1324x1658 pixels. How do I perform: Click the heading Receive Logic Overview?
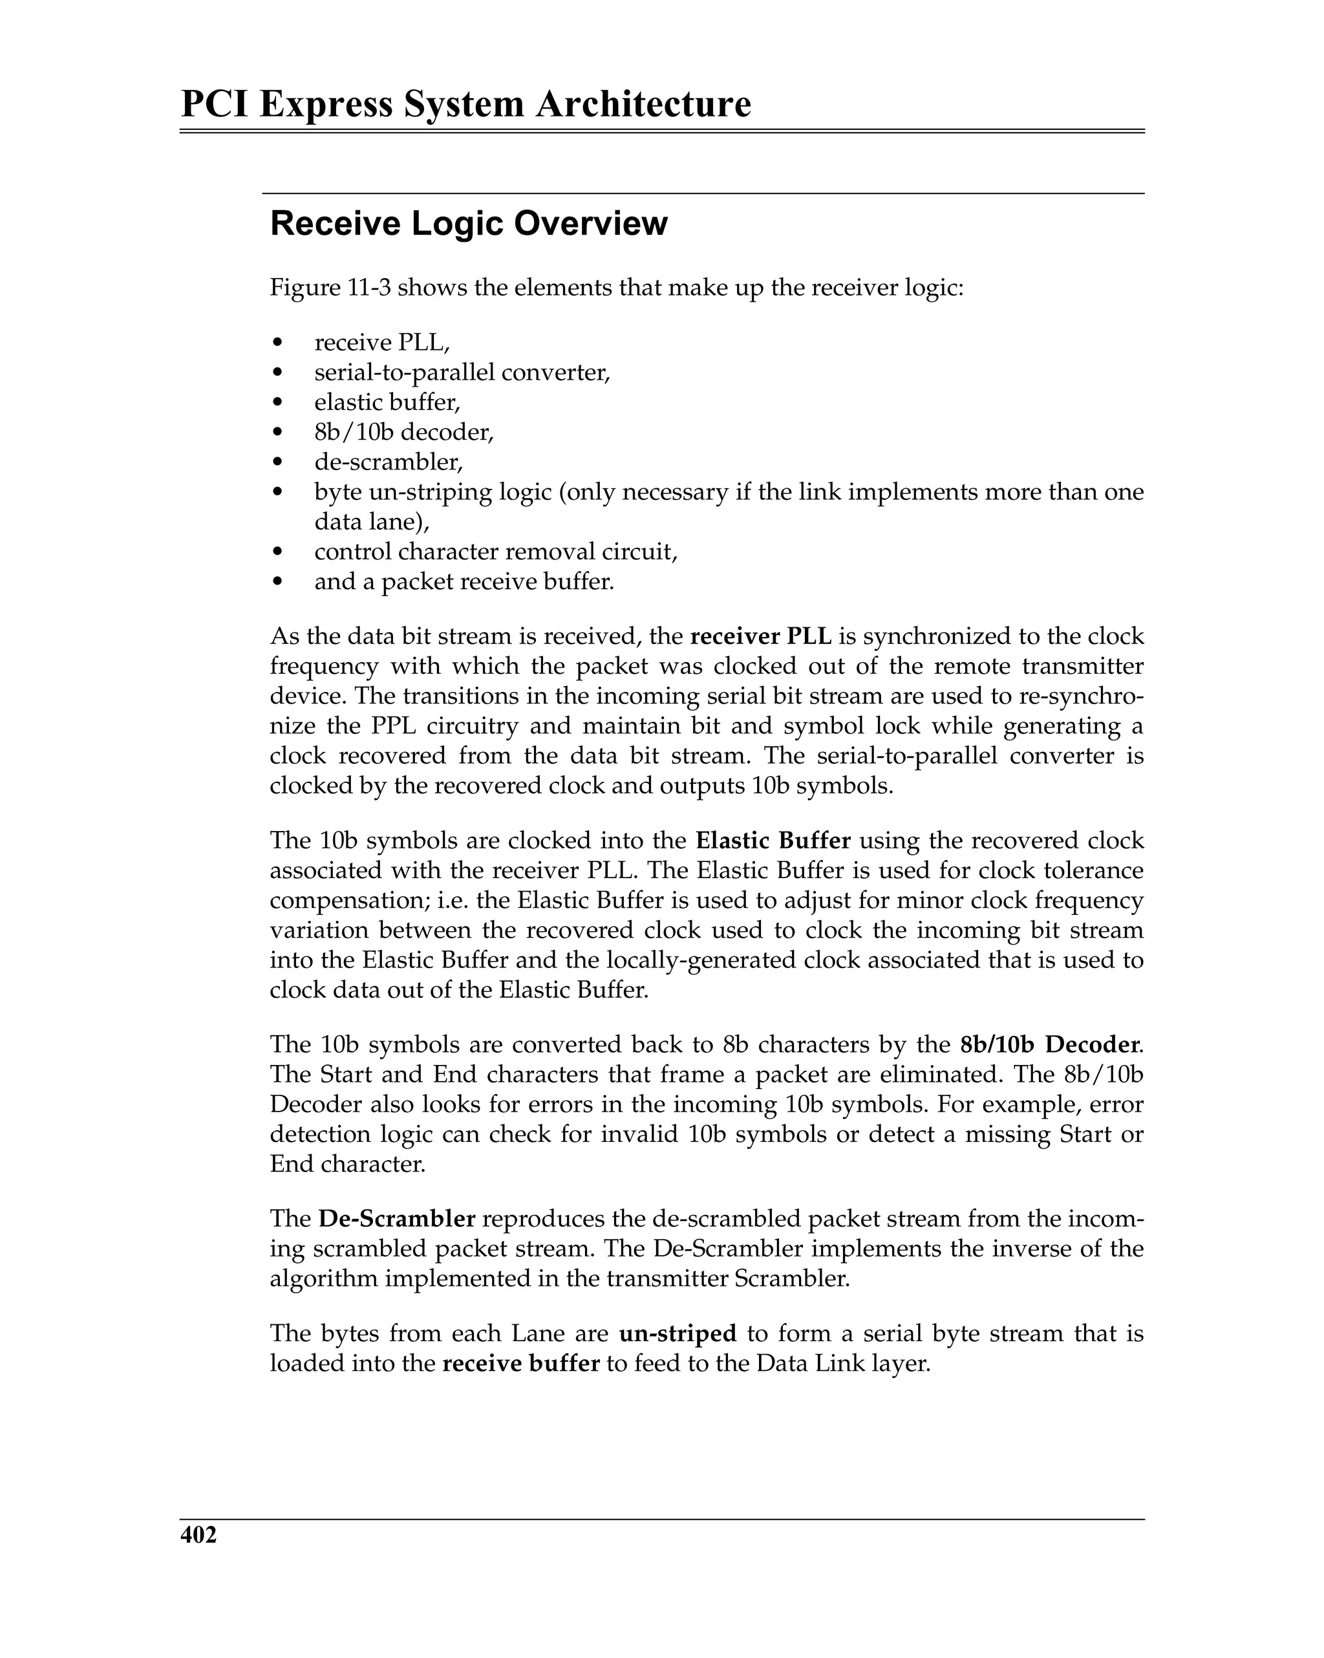click(x=468, y=224)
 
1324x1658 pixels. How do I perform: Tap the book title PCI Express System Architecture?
click(x=465, y=104)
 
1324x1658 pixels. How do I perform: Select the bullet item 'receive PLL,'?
click(x=381, y=342)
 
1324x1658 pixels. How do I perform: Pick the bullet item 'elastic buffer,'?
click(x=387, y=402)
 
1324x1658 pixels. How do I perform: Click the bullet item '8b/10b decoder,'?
click(x=403, y=432)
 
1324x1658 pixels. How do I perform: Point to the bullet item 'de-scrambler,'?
click(x=389, y=462)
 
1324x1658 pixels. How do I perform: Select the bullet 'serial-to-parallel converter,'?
click(x=462, y=372)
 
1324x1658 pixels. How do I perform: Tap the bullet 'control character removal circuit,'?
click(x=495, y=552)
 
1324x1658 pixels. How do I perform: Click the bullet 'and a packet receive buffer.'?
click(x=464, y=581)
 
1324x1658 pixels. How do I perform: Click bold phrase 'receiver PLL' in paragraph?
click(x=760, y=636)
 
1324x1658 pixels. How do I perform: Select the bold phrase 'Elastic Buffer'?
click(x=773, y=840)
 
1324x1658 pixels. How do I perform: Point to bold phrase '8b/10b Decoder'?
click(x=1049, y=1044)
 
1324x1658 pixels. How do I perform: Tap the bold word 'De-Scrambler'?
click(x=397, y=1219)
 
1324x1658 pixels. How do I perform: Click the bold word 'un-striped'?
click(x=678, y=1333)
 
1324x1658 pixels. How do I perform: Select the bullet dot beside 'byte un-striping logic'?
click(x=279, y=492)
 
